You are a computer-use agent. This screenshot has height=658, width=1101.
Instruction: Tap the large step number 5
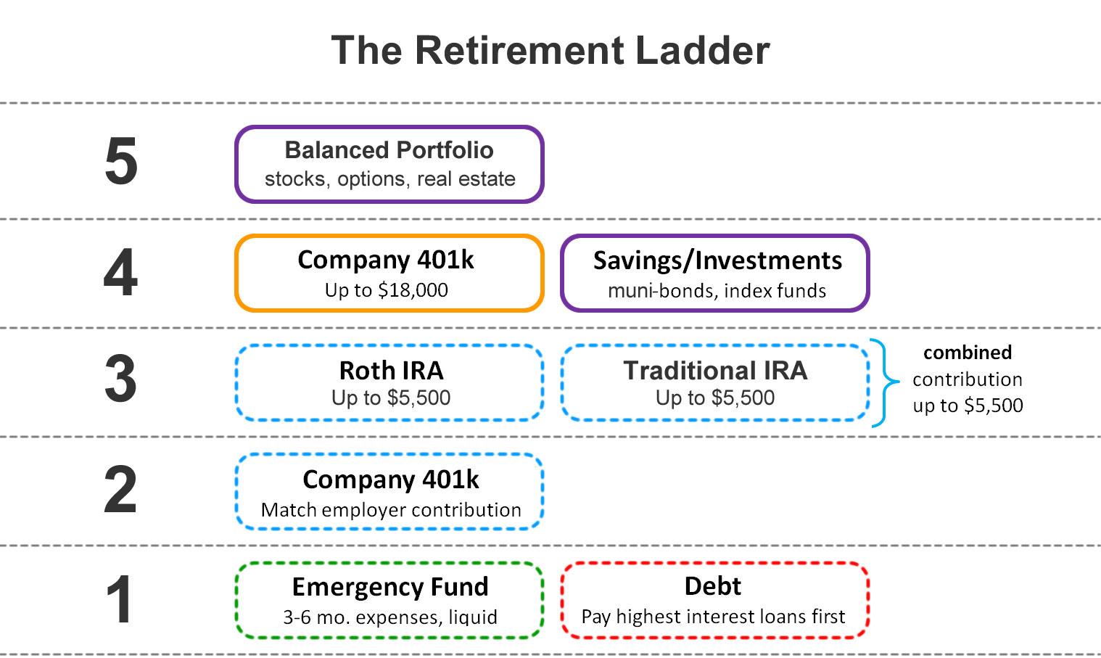click(x=121, y=161)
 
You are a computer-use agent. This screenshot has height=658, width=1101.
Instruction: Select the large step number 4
click(x=121, y=273)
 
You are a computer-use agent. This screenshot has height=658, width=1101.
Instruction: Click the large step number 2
click(x=121, y=490)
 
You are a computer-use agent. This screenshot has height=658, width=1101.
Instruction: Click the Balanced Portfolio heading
click(x=389, y=150)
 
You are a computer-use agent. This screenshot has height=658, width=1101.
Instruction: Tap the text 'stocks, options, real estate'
click(x=389, y=179)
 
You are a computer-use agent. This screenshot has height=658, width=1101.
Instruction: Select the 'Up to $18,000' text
click(x=387, y=290)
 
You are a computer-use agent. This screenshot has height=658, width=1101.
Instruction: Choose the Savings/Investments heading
click(x=717, y=260)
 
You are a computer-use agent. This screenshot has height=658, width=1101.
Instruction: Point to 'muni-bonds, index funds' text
click(x=717, y=291)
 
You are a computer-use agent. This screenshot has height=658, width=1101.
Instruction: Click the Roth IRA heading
click(x=391, y=371)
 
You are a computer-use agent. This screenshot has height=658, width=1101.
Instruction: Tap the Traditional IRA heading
click(x=715, y=371)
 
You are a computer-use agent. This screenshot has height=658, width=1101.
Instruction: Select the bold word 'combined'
click(x=967, y=353)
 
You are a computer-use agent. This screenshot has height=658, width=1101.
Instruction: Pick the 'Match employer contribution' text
click(x=391, y=510)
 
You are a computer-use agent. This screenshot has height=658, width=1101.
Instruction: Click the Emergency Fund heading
click(x=390, y=586)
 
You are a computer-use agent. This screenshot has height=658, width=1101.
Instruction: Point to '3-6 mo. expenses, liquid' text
click(x=390, y=617)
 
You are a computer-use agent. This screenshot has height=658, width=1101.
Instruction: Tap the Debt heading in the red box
click(x=713, y=586)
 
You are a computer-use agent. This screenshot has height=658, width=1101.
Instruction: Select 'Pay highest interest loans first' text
click(x=713, y=617)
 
